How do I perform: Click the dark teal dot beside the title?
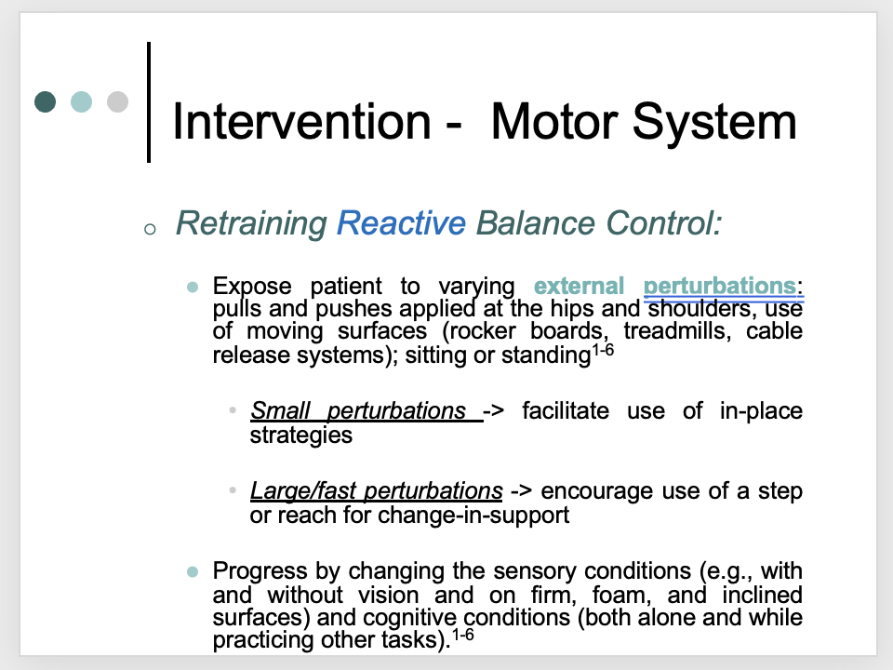tap(45, 102)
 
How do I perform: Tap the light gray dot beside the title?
tap(117, 102)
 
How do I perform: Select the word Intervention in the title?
tap(301, 121)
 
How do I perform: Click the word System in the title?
tap(714, 123)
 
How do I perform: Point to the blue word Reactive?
tap(401, 222)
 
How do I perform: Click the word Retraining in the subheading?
tap(251, 223)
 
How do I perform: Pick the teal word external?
tap(580, 286)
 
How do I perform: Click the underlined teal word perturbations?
tap(720, 287)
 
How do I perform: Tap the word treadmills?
tap(677, 331)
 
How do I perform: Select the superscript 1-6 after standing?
tap(603, 349)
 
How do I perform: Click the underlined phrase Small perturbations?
tap(358, 410)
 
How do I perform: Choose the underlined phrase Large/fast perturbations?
tap(377, 490)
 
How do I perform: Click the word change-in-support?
tap(473, 515)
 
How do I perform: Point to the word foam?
tap(622, 595)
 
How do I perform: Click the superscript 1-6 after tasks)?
tap(463, 634)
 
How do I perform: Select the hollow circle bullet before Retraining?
tap(150, 230)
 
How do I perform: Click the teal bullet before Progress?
tap(193, 571)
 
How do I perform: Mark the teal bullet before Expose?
tap(193, 287)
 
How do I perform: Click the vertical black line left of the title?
tap(149, 102)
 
